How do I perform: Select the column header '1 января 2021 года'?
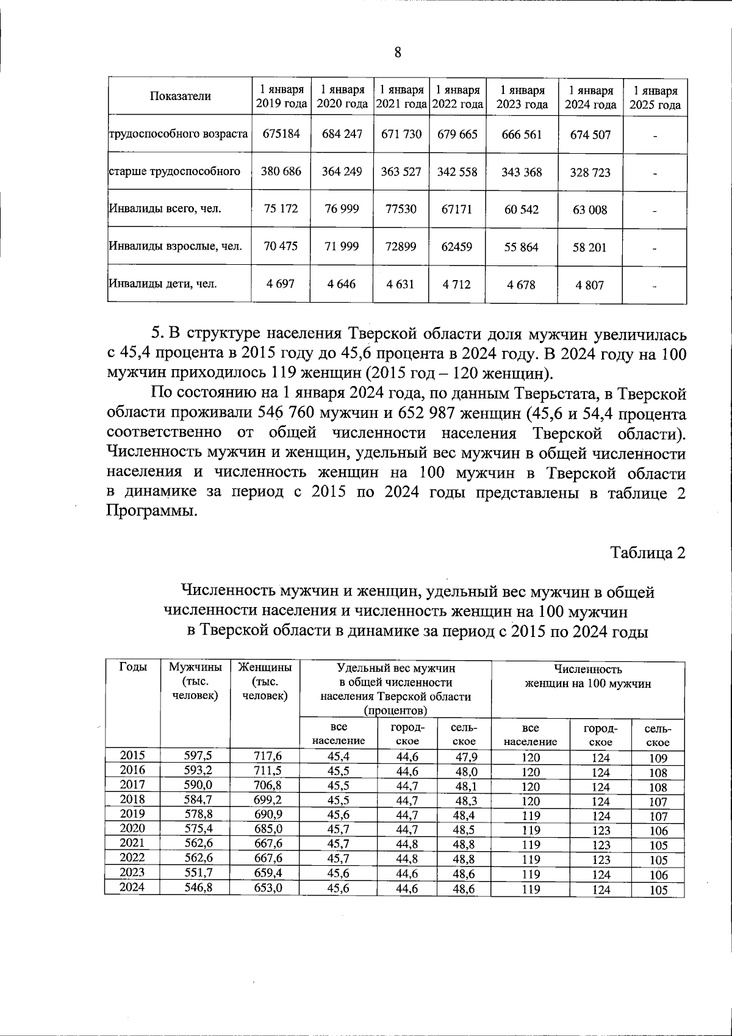[x=401, y=97]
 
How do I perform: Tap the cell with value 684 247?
[x=342, y=134]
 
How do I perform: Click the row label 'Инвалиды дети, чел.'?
[x=163, y=284]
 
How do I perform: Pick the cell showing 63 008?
[x=590, y=210]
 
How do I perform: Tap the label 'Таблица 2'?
[x=648, y=553]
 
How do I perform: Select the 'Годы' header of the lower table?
[x=132, y=667]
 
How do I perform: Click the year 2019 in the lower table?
[x=132, y=813]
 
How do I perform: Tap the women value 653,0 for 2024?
[x=268, y=888]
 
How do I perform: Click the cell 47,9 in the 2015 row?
[x=465, y=757]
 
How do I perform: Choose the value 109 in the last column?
[x=658, y=758]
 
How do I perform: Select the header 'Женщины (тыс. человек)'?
[x=265, y=682]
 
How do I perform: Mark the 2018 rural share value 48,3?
[x=465, y=800]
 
